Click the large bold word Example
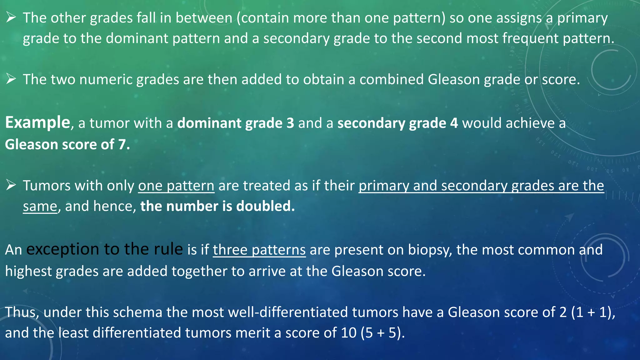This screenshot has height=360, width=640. (37, 122)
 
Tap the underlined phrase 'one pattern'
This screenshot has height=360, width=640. (176, 186)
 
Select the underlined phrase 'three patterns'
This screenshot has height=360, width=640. (259, 250)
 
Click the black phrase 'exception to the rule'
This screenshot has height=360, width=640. (105, 249)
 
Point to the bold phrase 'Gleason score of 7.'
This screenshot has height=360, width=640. (67, 145)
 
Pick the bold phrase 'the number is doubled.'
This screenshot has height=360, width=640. (217, 207)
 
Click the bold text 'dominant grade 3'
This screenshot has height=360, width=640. (236, 123)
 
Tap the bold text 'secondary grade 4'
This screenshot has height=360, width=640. (397, 123)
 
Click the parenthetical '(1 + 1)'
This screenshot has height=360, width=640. (593, 312)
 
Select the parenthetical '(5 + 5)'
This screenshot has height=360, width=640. (382, 333)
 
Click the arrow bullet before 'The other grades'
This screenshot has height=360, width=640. (11, 18)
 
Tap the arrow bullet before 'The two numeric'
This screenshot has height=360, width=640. (11, 79)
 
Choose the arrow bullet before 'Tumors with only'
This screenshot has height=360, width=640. (11, 186)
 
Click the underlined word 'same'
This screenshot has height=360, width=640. (40, 207)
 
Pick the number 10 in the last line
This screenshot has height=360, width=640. (348, 333)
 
